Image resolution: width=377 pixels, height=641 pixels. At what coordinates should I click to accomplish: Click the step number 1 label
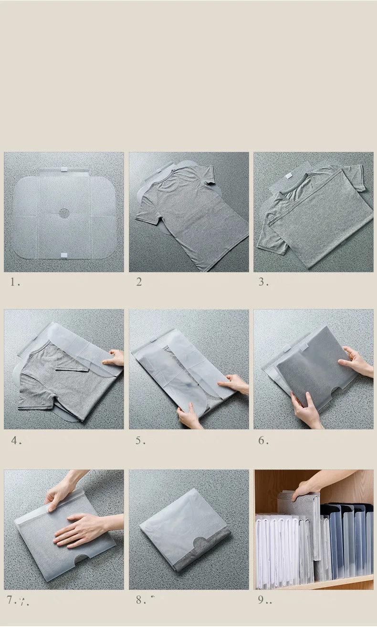[x=15, y=282]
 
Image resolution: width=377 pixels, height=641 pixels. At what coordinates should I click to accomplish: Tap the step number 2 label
[x=139, y=282]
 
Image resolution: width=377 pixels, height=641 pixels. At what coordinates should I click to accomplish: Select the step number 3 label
[x=263, y=282]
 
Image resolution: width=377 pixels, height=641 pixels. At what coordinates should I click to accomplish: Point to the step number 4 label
[x=16, y=440]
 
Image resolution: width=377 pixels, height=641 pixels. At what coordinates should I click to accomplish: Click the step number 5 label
[x=140, y=440]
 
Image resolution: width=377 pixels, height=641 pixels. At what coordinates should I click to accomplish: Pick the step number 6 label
[x=263, y=440]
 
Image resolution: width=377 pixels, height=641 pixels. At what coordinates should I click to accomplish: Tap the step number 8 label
[x=141, y=600]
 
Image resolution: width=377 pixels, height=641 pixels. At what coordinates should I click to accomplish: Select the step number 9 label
[x=264, y=600]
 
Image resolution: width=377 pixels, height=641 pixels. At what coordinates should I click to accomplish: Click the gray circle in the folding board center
[x=64, y=213]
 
